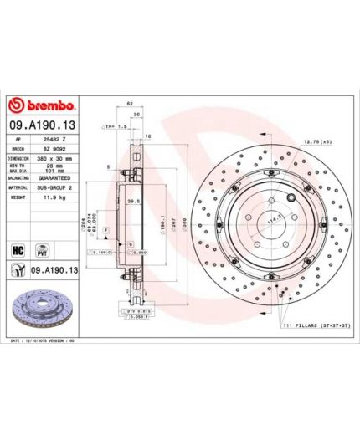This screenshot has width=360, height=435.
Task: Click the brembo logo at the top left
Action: pos(43,105)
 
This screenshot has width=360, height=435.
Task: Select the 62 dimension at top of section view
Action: pos(130,103)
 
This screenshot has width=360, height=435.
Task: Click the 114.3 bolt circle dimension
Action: pos(271,220)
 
